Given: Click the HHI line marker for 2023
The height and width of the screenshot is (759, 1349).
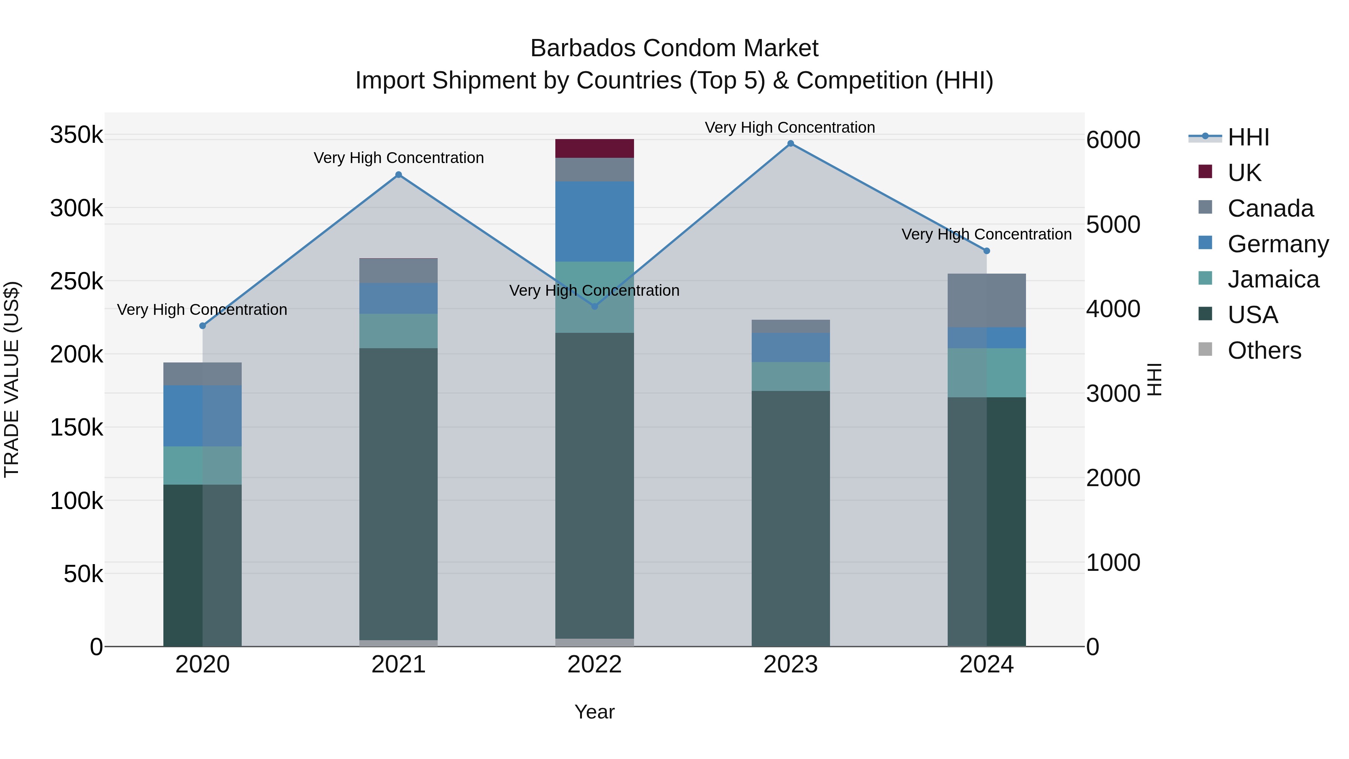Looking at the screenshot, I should [790, 144].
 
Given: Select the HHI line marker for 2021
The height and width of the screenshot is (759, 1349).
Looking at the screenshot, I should [399, 175].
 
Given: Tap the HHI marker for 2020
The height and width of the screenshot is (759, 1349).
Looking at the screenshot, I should [203, 326].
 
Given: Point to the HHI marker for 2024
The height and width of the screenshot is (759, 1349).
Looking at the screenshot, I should [987, 251].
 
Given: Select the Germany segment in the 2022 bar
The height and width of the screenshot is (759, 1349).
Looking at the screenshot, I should [594, 221].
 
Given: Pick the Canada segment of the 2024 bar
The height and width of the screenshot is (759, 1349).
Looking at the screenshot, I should [987, 300].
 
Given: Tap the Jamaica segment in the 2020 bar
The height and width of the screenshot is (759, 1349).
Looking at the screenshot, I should [203, 465].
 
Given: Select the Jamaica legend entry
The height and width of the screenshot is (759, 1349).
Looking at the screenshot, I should [1273, 279].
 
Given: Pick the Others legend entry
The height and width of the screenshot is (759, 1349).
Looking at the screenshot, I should [1264, 350].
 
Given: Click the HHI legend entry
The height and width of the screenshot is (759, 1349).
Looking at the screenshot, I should [1248, 137].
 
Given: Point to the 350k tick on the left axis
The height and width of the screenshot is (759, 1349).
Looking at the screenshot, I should [76, 135].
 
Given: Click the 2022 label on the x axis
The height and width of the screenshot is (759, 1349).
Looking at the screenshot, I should [594, 665].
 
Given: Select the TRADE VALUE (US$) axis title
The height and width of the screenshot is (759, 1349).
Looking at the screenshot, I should [12, 379].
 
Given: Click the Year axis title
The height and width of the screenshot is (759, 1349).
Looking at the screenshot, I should [594, 712].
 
